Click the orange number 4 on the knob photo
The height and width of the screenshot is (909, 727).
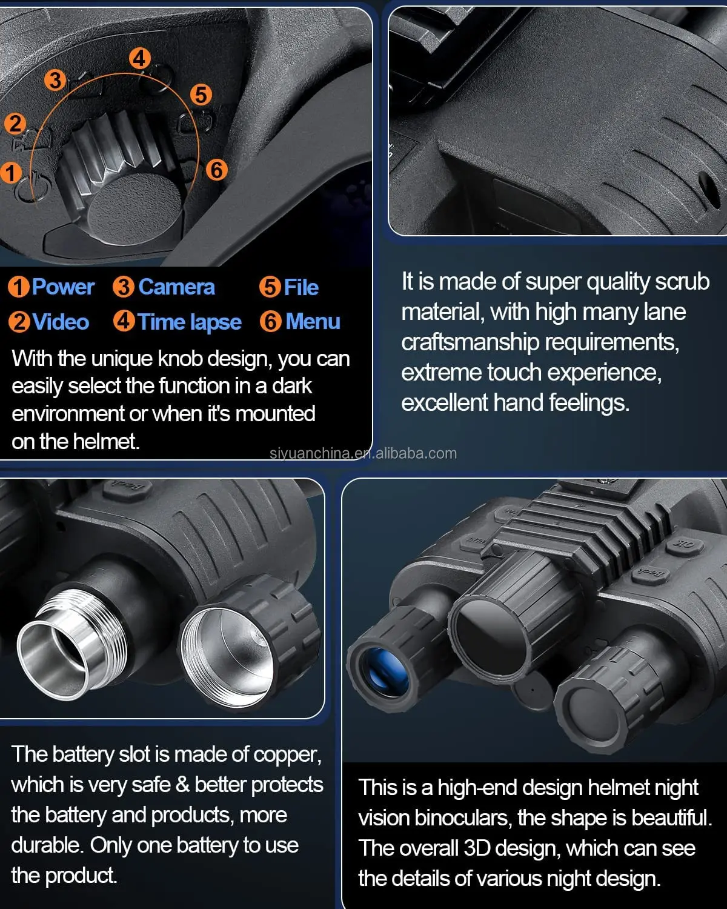pyautogui.click(x=140, y=59)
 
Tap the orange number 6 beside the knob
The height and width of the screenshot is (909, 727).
pyautogui.click(x=217, y=170)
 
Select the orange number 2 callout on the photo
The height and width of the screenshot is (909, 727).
pyautogui.click(x=15, y=124)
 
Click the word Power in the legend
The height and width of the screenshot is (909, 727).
pyautogui.click(x=63, y=287)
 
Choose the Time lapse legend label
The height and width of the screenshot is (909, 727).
pyautogui.click(x=190, y=323)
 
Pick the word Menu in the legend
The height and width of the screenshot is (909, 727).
pyautogui.click(x=313, y=321)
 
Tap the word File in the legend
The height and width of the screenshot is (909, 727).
pyautogui.click(x=301, y=288)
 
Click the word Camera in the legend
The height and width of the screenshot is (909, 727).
pyautogui.click(x=176, y=287)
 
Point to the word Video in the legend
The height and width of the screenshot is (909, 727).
pyautogui.click(x=61, y=322)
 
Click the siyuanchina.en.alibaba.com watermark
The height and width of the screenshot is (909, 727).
pyautogui.click(x=363, y=454)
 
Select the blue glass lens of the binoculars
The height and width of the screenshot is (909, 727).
pyautogui.click(x=385, y=672)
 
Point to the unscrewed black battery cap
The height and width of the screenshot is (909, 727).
pyautogui.click(x=249, y=641)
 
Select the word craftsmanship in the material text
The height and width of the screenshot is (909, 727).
pyautogui.click(x=470, y=343)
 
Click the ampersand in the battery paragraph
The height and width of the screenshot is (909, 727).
pyautogui.click(x=182, y=785)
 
